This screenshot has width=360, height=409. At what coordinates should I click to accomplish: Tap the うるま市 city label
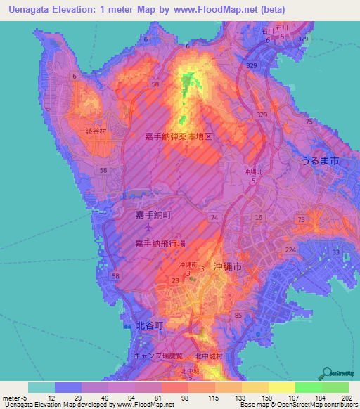(320, 161)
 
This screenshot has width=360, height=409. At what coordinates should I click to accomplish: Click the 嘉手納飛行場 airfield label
(160, 243)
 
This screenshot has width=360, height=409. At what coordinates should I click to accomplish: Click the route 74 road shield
(214, 219)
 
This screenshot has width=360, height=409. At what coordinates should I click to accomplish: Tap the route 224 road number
(291, 249)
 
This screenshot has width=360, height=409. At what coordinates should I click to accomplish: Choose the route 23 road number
(175, 280)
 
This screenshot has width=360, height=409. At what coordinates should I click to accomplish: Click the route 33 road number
(335, 252)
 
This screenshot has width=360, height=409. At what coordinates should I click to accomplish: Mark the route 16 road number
(258, 218)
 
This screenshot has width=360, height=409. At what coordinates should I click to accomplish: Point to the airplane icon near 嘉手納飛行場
(148, 228)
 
